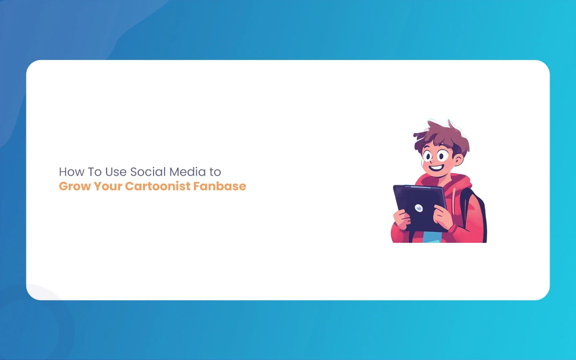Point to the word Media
188,172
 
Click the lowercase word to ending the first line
215,172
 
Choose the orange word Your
108,186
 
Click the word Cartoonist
157,186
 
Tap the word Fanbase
220,186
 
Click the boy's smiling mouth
436,168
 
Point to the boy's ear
458,159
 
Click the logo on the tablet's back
419,208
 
